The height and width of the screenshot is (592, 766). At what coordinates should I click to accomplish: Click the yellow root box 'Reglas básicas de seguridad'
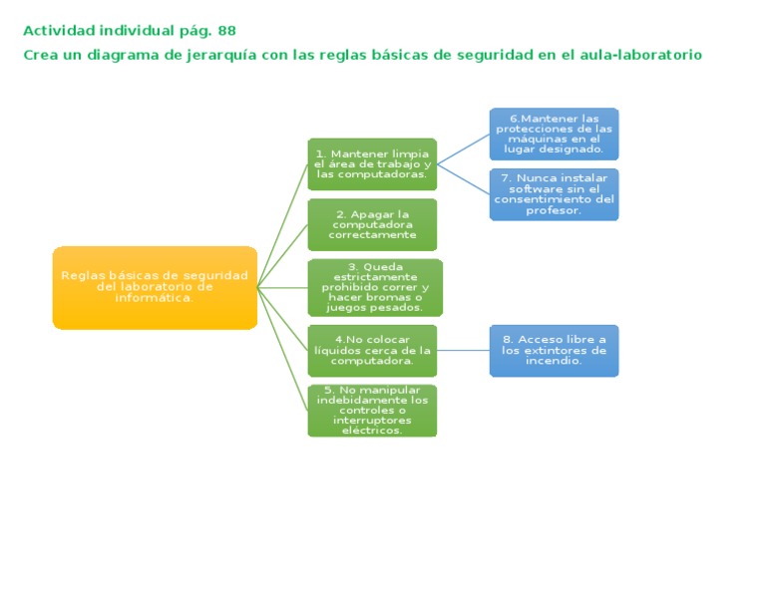point(155,287)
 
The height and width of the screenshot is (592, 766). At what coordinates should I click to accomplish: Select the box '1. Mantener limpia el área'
point(372,163)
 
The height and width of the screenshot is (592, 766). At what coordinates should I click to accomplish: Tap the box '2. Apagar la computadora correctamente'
point(372,225)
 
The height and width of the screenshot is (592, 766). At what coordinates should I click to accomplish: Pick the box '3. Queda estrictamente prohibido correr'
point(374,287)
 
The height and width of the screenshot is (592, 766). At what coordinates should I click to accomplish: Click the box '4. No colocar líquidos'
point(372,350)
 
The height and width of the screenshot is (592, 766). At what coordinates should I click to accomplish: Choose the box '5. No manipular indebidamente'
point(372,410)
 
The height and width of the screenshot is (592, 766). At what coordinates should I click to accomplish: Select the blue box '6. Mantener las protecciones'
point(554,134)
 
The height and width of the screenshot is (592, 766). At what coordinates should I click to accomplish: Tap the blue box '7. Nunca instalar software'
point(554,194)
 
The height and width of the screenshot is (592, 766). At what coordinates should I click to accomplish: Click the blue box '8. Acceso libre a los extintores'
point(554,350)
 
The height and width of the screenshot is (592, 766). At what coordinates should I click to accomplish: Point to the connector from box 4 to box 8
point(463,350)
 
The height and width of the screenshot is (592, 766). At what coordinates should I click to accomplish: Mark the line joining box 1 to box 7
point(463,179)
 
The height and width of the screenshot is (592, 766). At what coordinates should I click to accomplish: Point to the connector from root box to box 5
point(282,349)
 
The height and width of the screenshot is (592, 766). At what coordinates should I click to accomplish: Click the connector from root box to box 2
point(282,256)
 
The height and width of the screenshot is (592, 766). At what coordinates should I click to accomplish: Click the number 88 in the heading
point(226,31)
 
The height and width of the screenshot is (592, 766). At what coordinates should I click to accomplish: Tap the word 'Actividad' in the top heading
point(57,31)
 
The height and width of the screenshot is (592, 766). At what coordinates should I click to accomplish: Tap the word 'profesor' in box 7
point(554,210)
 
